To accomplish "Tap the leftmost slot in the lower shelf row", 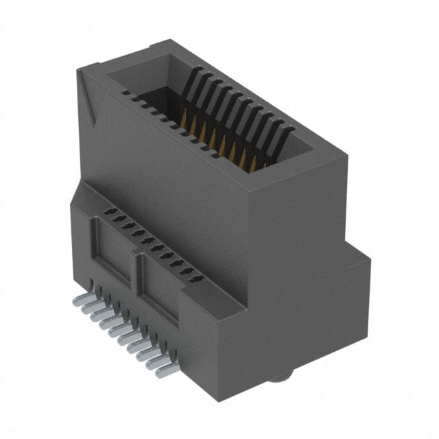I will pos(106,213).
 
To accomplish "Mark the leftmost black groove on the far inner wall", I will pos(190,83).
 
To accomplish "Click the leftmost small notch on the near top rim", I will pos(126,92).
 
